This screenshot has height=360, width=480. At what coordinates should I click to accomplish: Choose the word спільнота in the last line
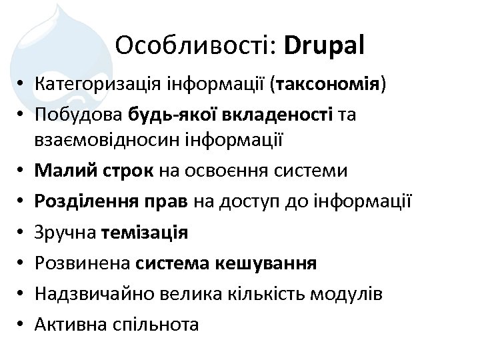[157, 324]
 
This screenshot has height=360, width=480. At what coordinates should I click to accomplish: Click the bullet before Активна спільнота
[23, 324]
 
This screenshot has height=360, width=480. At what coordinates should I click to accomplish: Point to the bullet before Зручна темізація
[23, 232]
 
